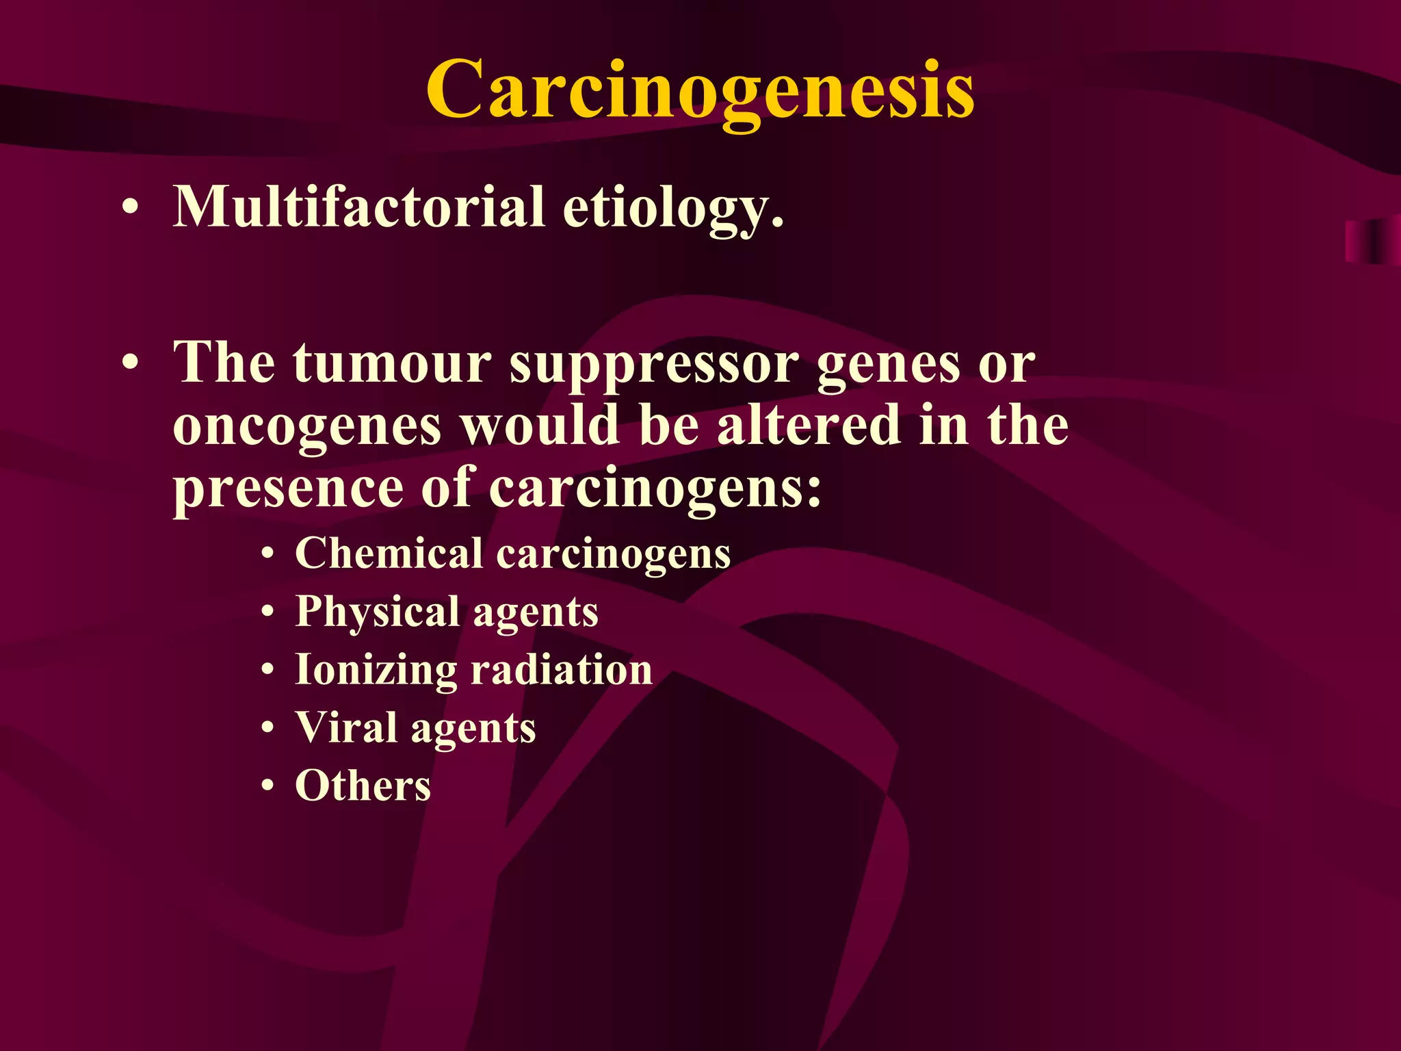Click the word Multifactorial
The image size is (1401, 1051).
point(358,207)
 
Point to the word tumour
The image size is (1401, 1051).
point(393,363)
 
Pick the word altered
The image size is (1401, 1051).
point(808,425)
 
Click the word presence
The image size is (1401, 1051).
point(288,489)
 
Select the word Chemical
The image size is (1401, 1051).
point(389,553)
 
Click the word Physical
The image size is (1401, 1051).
point(377,612)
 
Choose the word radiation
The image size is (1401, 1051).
point(562,669)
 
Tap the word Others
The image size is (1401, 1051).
point(363,786)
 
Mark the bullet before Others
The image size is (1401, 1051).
point(269,786)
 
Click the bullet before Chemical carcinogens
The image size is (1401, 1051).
point(269,554)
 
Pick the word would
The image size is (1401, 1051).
point(540,425)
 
